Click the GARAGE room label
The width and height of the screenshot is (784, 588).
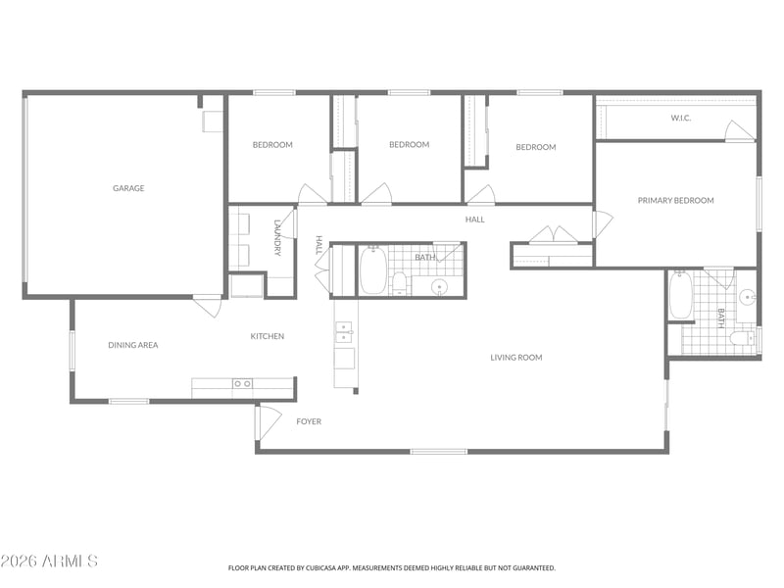tap(128, 188)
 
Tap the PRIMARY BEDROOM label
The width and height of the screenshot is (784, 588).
tap(675, 201)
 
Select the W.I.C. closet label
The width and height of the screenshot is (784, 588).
tap(681, 118)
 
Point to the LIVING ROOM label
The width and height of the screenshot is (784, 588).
tap(516, 358)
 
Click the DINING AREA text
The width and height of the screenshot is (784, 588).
tap(133, 345)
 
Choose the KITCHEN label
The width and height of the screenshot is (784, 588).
tap(267, 336)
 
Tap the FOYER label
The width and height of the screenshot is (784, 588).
tap(309, 421)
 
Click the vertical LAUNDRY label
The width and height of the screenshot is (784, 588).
tap(277, 237)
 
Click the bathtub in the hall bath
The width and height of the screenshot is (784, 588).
tap(373, 269)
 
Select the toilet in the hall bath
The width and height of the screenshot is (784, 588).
tap(399, 283)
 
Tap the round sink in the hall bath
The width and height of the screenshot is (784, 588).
tap(439, 287)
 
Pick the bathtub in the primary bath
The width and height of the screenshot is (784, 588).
tap(680, 295)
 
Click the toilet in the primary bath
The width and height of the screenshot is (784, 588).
tap(742, 338)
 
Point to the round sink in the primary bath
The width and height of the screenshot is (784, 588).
tap(747, 297)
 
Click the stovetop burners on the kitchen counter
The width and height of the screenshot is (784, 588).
tap(242, 383)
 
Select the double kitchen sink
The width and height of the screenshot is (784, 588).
tap(344, 332)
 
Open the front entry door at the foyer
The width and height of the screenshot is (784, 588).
tap(269, 423)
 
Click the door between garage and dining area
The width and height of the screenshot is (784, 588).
tap(207, 306)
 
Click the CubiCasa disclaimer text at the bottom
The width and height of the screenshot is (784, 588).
tap(391, 568)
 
